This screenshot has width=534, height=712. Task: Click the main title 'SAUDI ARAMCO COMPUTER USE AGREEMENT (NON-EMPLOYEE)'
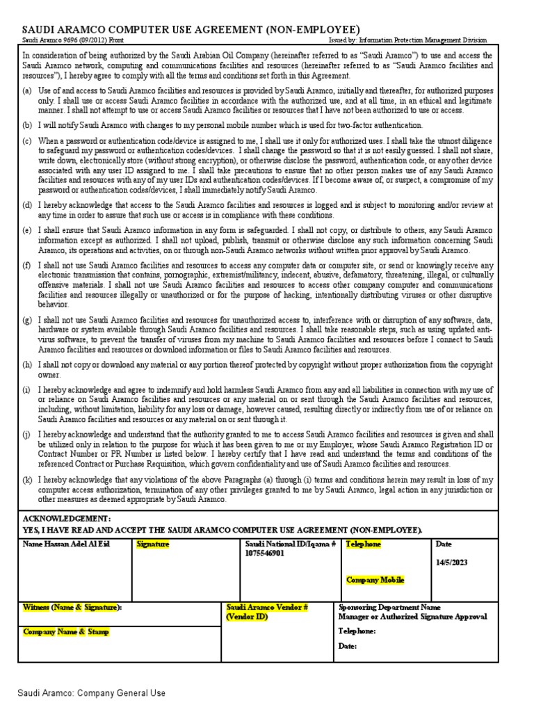pyautogui.click(x=191, y=30)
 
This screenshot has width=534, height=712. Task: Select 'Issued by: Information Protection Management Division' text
pyautogui.click(x=407, y=41)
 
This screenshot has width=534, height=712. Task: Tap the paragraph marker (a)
pyautogui.click(x=27, y=91)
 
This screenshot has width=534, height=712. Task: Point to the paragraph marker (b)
pyautogui.click(x=27, y=125)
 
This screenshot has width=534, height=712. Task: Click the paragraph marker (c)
pyautogui.click(x=27, y=140)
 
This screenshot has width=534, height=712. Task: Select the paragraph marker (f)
pyautogui.click(x=27, y=266)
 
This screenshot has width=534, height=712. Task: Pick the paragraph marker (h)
pyautogui.click(x=27, y=364)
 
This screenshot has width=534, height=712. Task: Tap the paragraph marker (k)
pyautogui.click(x=27, y=480)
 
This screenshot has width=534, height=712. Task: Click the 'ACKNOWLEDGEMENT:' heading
pyautogui.click(x=67, y=519)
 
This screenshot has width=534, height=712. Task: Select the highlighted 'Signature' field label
pyautogui.click(x=153, y=544)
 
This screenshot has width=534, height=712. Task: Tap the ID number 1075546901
pyautogui.click(x=265, y=553)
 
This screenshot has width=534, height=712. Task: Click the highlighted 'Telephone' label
pyautogui.click(x=364, y=544)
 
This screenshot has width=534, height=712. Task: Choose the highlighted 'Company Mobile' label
pyautogui.click(x=375, y=580)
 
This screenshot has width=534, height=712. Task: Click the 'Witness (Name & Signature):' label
pyautogui.click(x=72, y=607)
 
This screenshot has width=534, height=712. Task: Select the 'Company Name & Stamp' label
pyautogui.click(x=66, y=632)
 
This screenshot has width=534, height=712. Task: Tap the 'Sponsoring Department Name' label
pyautogui.click(x=389, y=607)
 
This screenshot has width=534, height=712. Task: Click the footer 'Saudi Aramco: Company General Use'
pyautogui.click(x=92, y=693)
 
